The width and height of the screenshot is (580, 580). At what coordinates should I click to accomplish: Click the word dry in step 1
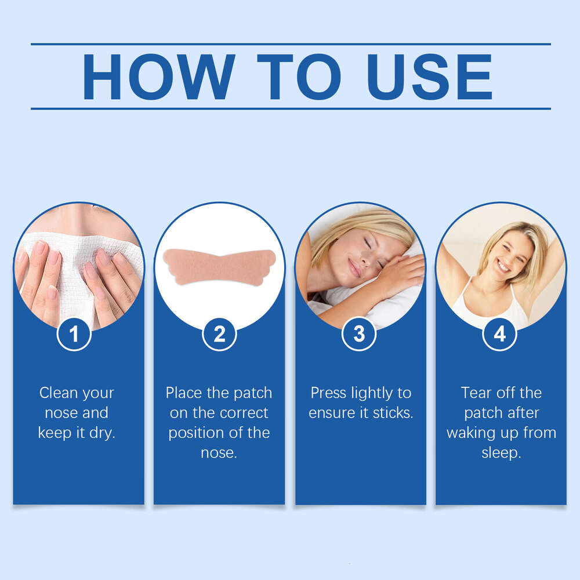coord(103,433)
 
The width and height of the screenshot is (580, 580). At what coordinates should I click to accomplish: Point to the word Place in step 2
coord(183,393)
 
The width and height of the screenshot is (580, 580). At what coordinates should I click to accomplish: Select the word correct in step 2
coord(244,413)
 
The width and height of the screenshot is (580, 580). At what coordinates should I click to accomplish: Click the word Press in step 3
coord(328,393)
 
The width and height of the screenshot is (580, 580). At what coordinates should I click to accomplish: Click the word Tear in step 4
coord(476,393)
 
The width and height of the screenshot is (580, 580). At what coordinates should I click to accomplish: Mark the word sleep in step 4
coord(501,453)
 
